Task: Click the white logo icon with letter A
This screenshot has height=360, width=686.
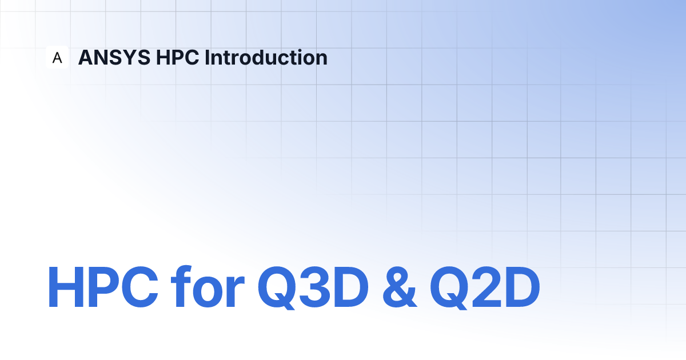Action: tap(57, 57)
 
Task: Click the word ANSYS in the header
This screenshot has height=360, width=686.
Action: tap(114, 57)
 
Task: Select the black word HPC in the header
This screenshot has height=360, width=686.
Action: tap(177, 57)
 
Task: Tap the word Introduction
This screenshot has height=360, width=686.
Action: tap(266, 57)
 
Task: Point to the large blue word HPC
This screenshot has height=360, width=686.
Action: tap(103, 287)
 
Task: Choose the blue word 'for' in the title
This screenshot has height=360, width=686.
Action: tap(208, 286)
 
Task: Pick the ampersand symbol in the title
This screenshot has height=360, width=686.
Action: tap(400, 287)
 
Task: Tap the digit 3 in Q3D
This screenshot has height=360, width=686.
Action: tap(315, 287)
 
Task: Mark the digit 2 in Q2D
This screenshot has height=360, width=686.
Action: tap(487, 287)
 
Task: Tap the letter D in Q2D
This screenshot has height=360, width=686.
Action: tap(523, 287)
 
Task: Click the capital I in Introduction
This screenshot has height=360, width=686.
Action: tap(207, 57)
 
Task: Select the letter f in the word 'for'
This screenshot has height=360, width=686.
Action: tap(181, 286)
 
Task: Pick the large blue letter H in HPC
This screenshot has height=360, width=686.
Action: tap(66, 287)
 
